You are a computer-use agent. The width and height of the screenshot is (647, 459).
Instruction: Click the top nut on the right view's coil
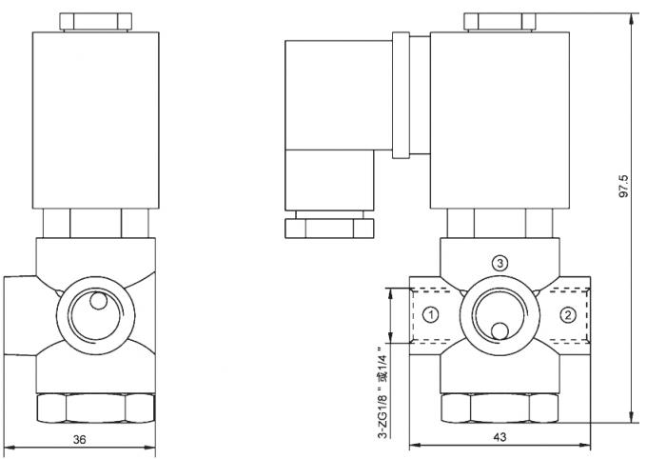[499, 21]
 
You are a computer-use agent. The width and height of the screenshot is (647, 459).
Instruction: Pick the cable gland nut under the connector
[326, 229]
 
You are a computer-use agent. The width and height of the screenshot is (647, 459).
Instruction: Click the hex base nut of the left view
[94, 408]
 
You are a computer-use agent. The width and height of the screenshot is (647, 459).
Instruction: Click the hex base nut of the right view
[500, 408]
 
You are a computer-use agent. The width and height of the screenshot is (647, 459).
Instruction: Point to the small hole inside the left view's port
[97, 303]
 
